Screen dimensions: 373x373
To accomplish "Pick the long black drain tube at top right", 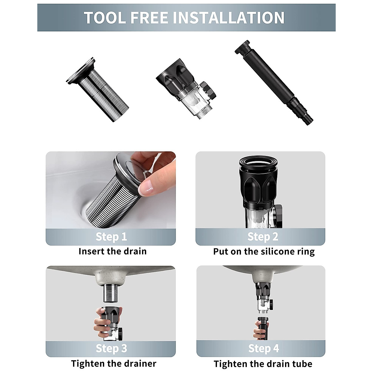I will pos(274,82).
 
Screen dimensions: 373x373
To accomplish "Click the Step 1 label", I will pos(111,237).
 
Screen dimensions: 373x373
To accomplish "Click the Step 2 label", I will pos(263,237).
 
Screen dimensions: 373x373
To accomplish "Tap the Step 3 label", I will pos(111,348).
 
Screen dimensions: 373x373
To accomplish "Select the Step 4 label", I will pos(263,348).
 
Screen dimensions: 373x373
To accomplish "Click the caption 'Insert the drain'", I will pos(112,251).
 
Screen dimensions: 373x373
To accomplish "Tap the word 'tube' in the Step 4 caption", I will pos(301,363).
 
